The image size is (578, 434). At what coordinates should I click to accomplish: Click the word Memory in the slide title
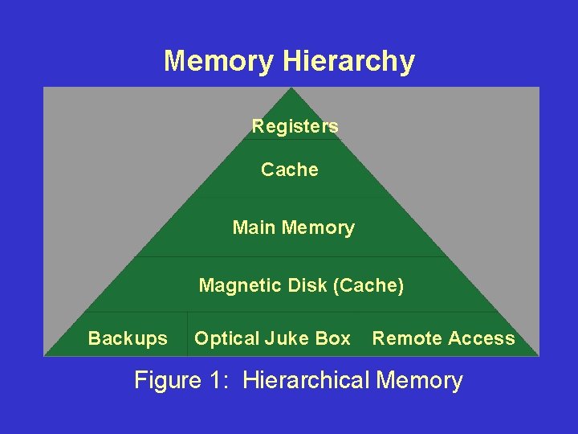(x=219, y=61)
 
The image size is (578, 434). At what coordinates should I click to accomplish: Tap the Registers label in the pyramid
(x=295, y=126)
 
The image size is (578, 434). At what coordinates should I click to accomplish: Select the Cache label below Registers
(x=290, y=170)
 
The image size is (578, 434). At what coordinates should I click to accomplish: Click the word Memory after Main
(x=318, y=227)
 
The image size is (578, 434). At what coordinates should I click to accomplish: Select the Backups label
(x=128, y=339)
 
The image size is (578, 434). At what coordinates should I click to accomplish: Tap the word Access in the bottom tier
(x=482, y=339)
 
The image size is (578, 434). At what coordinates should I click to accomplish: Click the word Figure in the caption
(x=167, y=380)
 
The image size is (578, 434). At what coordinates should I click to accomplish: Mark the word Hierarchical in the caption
(x=306, y=380)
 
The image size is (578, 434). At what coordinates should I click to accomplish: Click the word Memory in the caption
(x=419, y=380)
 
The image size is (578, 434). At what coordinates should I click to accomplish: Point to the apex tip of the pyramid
(x=291, y=89)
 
